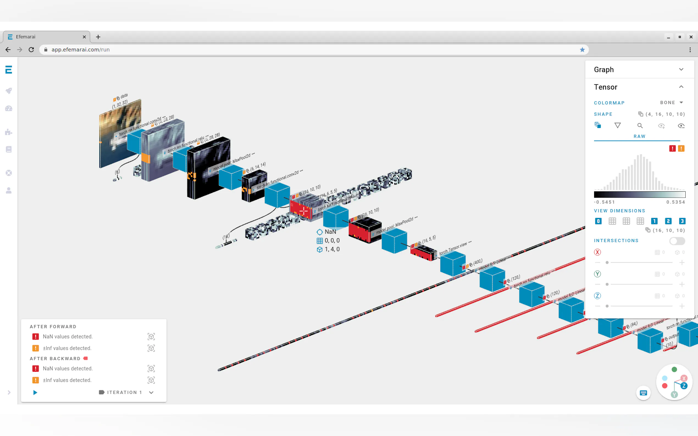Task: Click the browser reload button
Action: coord(31,50)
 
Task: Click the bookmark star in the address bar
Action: coord(582,50)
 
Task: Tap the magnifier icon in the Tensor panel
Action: coord(640,126)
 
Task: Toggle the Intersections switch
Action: coord(677,241)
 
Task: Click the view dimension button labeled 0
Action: coord(598,221)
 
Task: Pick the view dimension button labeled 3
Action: coord(682,221)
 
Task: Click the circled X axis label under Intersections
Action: coord(597,252)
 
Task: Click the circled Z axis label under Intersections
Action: coord(597,296)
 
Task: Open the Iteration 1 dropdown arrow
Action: coord(151,392)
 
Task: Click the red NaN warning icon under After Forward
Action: coord(35,337)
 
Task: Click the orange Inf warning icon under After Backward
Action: coord(35,380)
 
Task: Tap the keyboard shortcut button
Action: coord(643,393)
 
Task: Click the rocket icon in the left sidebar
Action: coord(9,91)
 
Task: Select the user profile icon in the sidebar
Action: coord(9,191)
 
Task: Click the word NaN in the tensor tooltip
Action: coord(330,232)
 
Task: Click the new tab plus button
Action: coord(98,37)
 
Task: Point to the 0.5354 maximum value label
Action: coord(675,202)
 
